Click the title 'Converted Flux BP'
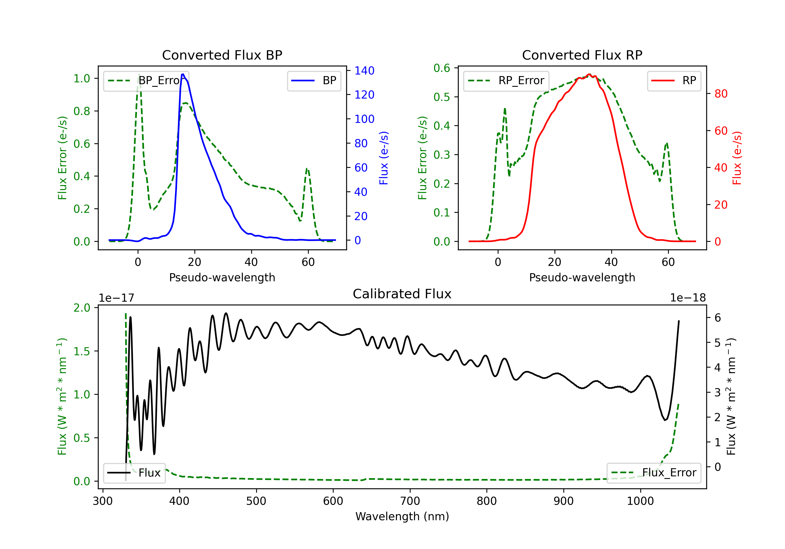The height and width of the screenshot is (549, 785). click(x=222, y=55)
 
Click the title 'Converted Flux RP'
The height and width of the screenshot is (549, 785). click(x=582, y=55)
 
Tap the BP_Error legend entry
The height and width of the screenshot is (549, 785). click(x=146, y=81)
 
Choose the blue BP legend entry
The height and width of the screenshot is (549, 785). click(x=314, y=81)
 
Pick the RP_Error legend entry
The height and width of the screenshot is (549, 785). click(x=506, y=81)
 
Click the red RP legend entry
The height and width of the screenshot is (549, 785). click(x=674, y=81)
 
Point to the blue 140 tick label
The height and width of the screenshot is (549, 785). click(x=364, y=71)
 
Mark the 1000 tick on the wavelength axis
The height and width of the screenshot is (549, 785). click(x=640, y=501)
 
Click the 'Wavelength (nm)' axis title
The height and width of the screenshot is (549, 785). click(x=402, y=516)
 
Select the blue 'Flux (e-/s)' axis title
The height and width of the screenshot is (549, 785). click(x=384, y=158)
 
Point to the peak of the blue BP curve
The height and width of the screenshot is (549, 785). click(x=183, y=74)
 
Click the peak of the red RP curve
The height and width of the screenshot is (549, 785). click(x=589, y=74)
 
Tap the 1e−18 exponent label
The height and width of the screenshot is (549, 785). click(x=688, y=298)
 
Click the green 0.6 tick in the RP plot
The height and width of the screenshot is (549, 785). click(x=442, y=68)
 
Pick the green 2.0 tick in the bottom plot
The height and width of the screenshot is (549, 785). click(x=82, y=308)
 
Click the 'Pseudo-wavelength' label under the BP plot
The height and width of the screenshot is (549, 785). click(x=222, y=277)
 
